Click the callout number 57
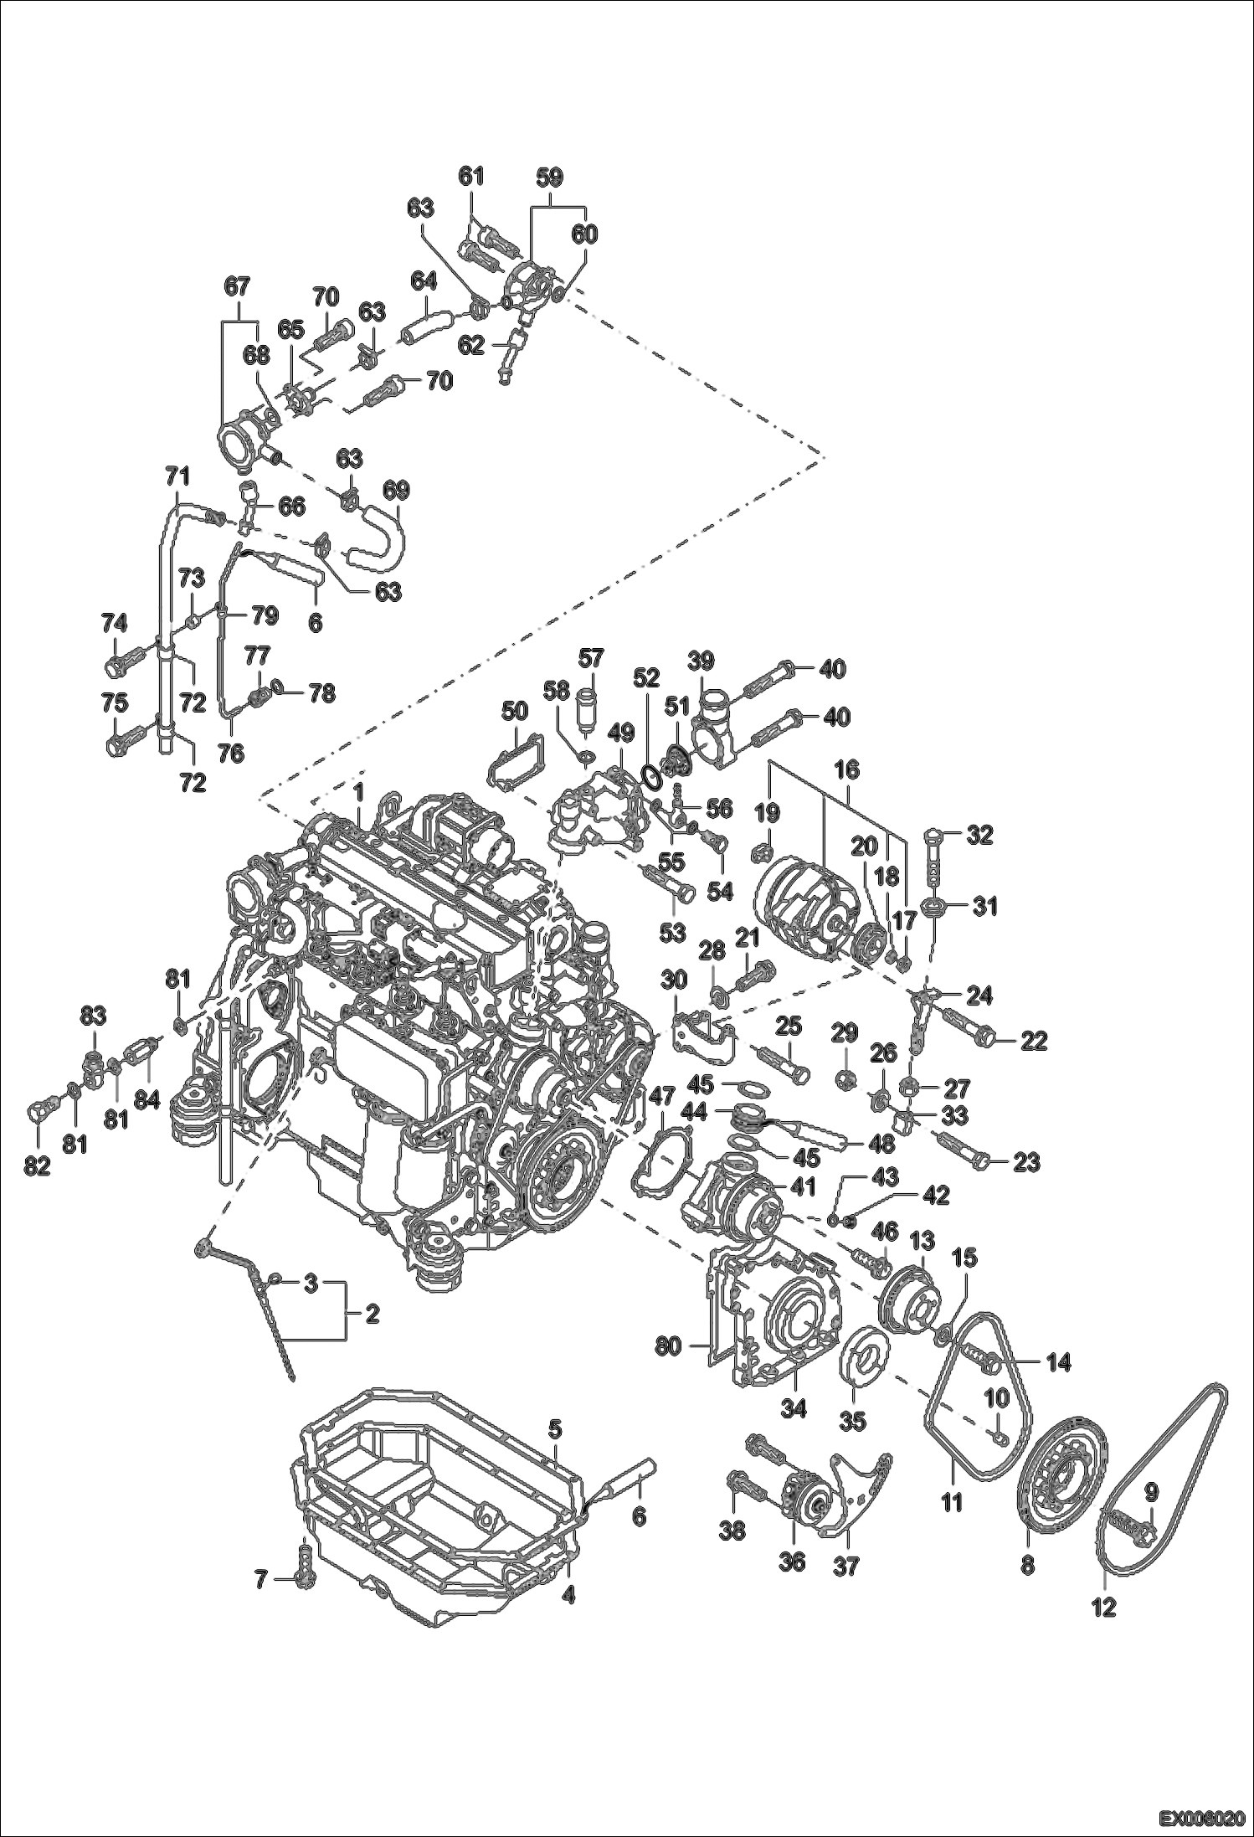(591, 658)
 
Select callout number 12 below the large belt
(1105, 1608)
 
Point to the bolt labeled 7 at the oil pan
(305, 1577)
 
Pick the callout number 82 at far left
(38, 1167)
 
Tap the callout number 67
(237, 287)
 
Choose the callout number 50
(514, 711)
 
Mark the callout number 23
(1026, 1162)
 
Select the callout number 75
(115, 702)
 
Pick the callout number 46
(885, 1231)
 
